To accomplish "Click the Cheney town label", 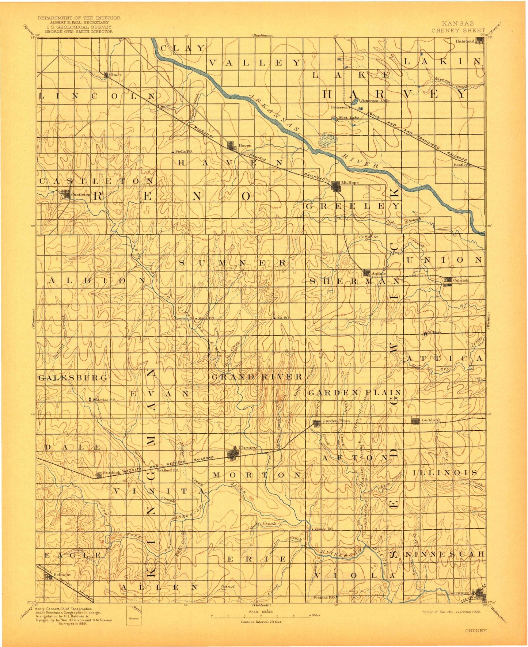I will pyautogui.click(x=248, y=448).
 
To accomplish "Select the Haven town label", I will pyautogui.click(x=245, y=145).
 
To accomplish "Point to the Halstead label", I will pyautogui.click(x=465, y=41).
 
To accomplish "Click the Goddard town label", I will pyautogui.click(x=430, y=420).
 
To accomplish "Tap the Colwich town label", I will pyautogui.click(x=460, y=280).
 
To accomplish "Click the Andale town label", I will pyautogui.click(x=379, y=273).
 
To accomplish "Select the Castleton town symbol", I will pyautogui.click(x=66, y=194).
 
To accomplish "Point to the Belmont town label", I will pyautogui.click(x=62, y=575).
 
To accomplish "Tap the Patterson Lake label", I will pyautogui.click(x=375, y=101).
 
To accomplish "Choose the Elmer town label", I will pyautogui.click(x=115, y=75).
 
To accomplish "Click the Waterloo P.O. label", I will pyautogui.click(x=104, y=400).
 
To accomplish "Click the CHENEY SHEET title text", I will pyautogui.click(x=458, y=31).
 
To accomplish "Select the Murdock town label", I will pyautogui.click(x=111, y=472).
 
